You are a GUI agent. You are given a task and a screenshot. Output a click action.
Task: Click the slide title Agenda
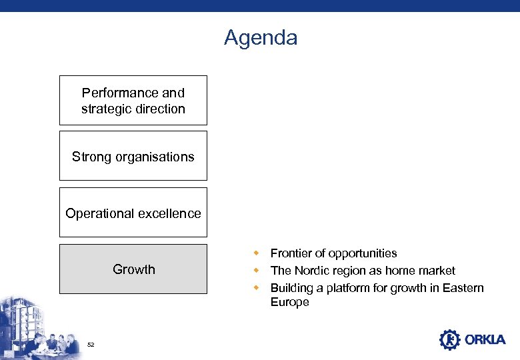261,37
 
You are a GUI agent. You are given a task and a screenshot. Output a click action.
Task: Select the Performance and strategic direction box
133,101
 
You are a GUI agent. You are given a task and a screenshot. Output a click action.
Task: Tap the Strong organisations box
133,157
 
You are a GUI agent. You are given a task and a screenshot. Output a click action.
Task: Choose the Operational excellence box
133,213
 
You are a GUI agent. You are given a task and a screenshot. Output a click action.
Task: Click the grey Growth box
133,269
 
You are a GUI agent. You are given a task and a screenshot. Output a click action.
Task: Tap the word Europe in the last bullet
290,302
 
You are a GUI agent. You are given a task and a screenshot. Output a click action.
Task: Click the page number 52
91,345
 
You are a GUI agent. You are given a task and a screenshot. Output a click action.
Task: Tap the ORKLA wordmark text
485,340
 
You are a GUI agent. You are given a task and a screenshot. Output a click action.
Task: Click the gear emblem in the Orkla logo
450,340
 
